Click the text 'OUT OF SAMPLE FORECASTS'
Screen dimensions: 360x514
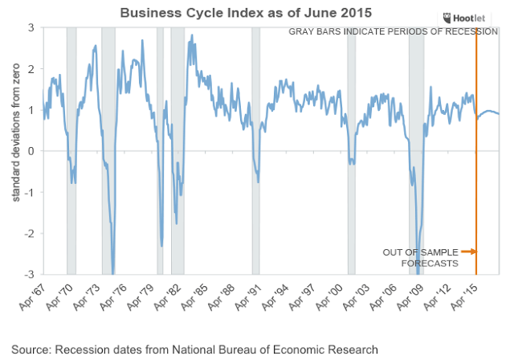point(420,257)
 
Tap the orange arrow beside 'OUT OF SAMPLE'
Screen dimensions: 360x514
point(468,252)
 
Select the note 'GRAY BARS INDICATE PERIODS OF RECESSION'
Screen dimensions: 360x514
point(394,31)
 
